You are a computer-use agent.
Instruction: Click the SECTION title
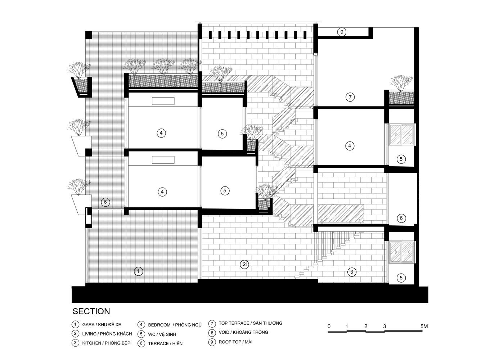click(x=91, y=311)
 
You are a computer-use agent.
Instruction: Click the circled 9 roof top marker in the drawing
click(x=342, y=32)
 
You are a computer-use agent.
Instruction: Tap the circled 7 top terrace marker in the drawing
click(x=350, y=97)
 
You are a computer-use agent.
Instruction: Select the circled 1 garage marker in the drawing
click(x=138, y=271)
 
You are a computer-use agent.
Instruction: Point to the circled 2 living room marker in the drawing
click(x=244, y=264)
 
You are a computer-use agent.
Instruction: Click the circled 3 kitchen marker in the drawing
click(x=352, y=272)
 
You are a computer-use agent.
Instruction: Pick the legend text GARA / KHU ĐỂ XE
click(x=102, y=325)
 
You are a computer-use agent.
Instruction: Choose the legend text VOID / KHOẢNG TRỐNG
click(x=243, y=332)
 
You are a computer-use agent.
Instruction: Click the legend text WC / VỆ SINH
click(x=162, y=334)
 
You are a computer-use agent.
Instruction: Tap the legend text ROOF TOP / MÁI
click(x=235, y=342)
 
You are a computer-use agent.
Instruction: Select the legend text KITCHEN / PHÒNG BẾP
click(x=106, y=343)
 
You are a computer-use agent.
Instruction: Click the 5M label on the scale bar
click(x=424, y=326)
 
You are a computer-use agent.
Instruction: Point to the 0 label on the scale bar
click(x=329, y=326)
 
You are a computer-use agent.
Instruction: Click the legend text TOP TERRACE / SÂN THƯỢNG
click(x=251, y=323)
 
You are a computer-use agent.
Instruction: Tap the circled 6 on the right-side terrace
click(x=401, y=218)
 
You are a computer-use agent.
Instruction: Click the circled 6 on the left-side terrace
click(x=105, y=202)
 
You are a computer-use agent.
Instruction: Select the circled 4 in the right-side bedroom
click(x=350, y=146)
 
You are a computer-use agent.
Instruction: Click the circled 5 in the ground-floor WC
click(x=401, y=278)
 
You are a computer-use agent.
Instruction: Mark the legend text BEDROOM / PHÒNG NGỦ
click(x=175, y=325)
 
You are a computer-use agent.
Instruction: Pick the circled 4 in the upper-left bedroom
click(x=161, y=133)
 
